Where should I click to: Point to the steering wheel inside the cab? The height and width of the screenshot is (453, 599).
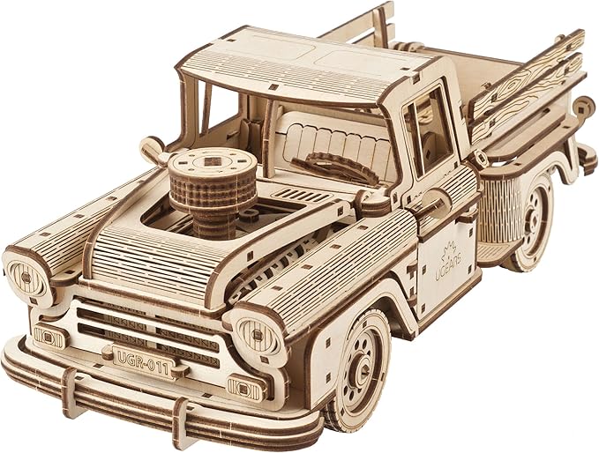[335, 167]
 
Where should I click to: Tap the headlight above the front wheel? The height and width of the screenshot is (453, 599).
[257, 334]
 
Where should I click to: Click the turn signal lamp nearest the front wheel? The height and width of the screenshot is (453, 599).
[245, 389]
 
